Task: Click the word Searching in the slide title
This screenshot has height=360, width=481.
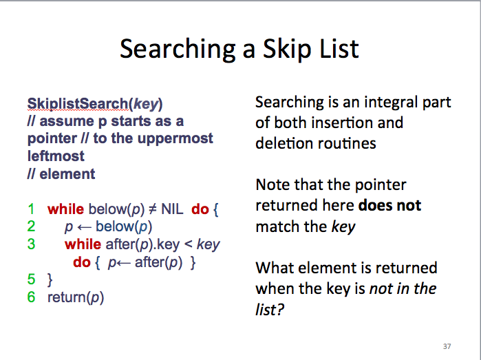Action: [178, 49]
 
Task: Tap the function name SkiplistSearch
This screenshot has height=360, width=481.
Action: [78, 104]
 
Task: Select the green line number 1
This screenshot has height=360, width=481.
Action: [31, 209]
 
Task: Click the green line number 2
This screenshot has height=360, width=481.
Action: [31, 226]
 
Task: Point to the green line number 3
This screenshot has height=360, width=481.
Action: [31, 244]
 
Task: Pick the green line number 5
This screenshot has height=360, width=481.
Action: [31, 279]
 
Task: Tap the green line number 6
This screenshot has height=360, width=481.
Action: [31, 297]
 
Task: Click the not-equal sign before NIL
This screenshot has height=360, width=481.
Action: [153, 209]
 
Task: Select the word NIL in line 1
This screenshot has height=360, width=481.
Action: [172, 209]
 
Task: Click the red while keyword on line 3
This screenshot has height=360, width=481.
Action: [83, 244]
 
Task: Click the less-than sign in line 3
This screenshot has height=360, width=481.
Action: [188, 244]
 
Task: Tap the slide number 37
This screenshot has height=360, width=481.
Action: [447, 346]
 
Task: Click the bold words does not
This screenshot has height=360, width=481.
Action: [389, 205]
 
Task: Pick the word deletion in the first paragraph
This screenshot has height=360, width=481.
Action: [283, 143]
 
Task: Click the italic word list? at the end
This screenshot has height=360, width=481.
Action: [270, 309]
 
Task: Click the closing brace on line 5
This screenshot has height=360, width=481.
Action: [50, 280]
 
